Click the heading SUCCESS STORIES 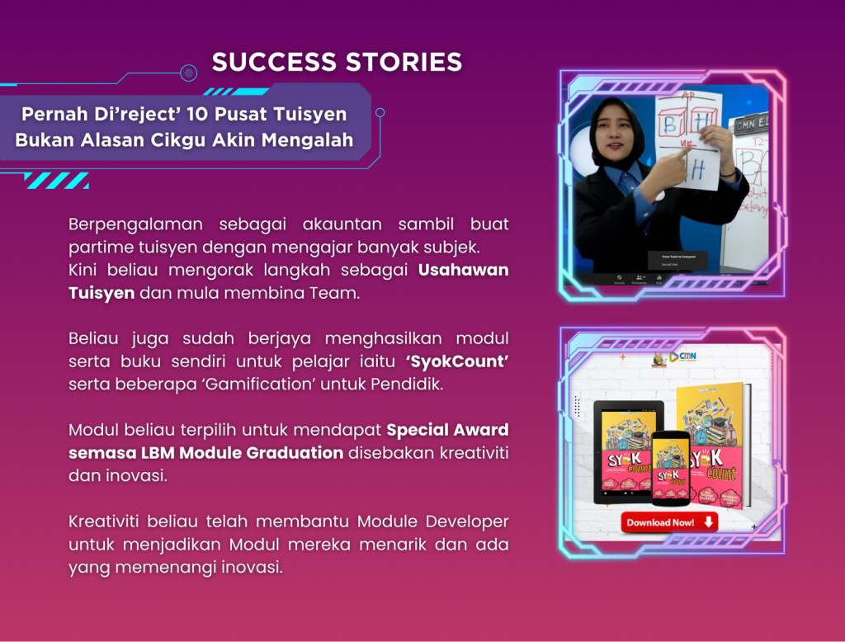(x=337, y=62)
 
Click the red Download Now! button (x=669, y=522)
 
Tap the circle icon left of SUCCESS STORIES (x=189, y=73)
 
